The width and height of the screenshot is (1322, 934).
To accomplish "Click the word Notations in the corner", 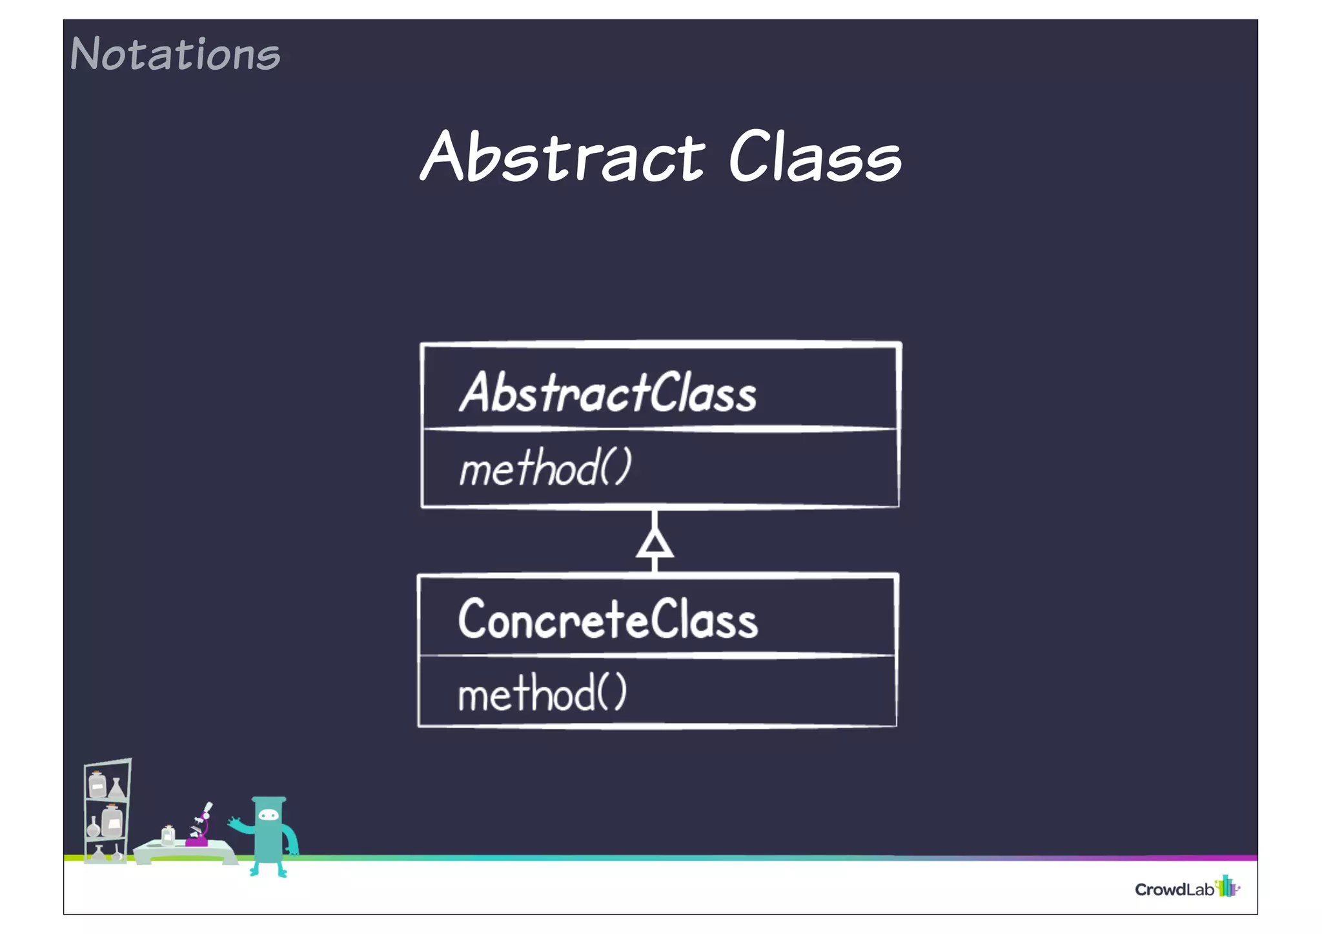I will click(x=175, y=54).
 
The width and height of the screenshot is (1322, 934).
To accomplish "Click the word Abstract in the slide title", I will click(x=562, y=157).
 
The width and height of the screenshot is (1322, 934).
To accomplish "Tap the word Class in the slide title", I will click(x=815, y=157).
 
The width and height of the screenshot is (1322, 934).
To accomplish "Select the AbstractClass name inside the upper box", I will click(x=607, y=392).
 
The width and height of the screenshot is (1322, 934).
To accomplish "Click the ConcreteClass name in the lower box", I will click(x=607, y=620).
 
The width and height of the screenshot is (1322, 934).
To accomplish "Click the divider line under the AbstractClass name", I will click(x=658, y=429).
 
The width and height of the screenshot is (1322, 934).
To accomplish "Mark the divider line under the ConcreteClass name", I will click(x=657, y=656).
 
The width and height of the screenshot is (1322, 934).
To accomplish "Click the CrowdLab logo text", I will click(x=1174, y=889).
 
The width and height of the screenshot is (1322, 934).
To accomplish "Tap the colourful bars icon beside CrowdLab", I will click(x=1226, y=886).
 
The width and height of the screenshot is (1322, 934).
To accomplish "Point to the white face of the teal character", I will click(x=268, y=816).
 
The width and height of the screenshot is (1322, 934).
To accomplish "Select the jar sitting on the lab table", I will click(x=168, y=835).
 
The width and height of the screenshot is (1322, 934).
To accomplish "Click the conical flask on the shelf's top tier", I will click(x=116, y=788).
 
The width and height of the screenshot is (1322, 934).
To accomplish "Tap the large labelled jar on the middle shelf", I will click(x=112, y=821).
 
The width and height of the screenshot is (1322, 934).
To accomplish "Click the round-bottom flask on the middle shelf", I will click(x=94, y=827).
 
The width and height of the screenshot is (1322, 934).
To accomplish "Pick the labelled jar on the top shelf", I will click(x=97, y=785).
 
